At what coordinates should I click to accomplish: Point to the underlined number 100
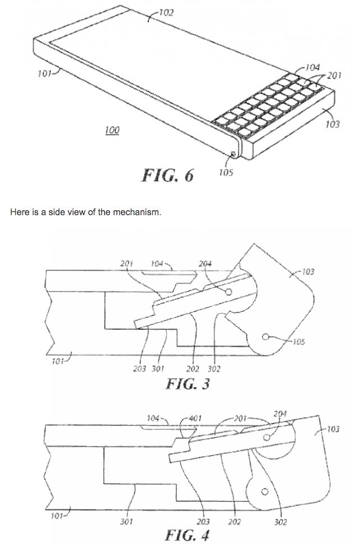[112, 130]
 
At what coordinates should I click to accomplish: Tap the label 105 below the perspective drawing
[225, 173]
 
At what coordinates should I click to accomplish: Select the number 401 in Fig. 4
[195, 418]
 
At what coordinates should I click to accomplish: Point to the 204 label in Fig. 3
[205, 264]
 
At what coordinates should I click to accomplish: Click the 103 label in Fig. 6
[332, 124]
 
